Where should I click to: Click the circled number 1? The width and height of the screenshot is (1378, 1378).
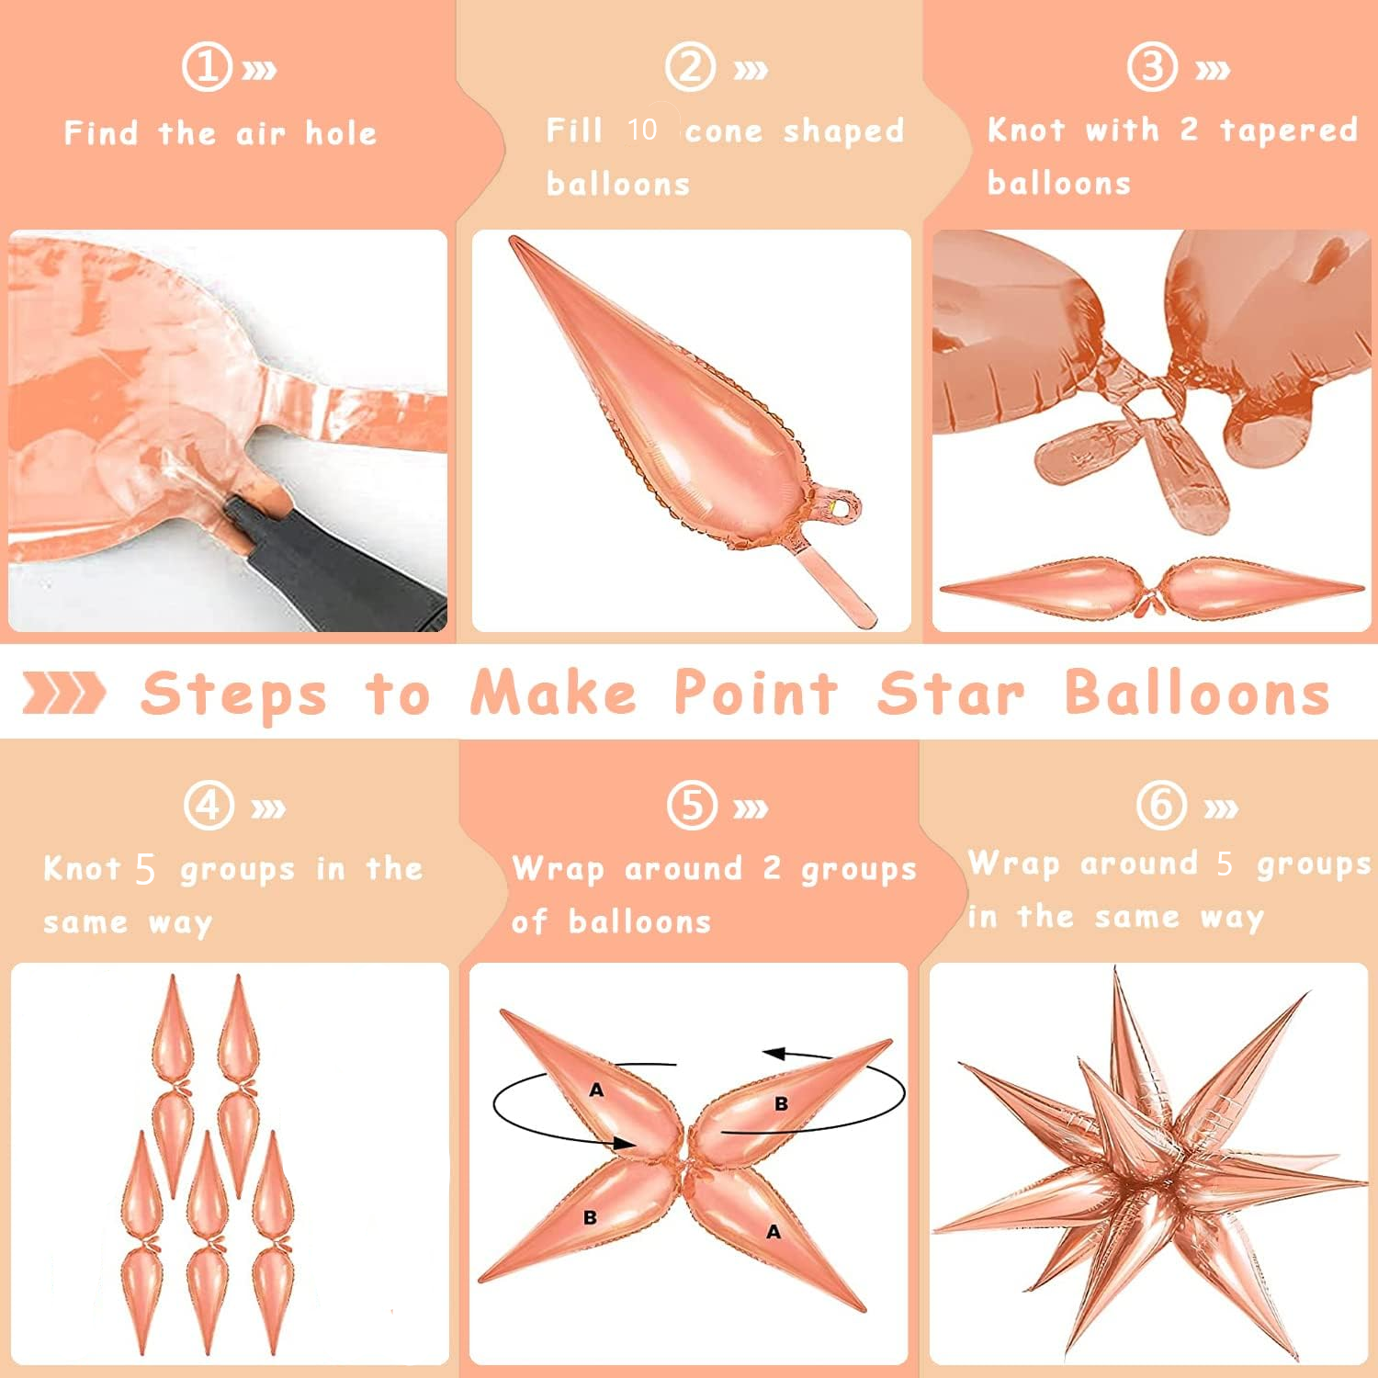tap(206, 67)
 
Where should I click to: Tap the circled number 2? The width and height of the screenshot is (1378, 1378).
tap(690, 67)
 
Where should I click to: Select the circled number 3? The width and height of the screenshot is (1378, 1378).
tap(1152, 67)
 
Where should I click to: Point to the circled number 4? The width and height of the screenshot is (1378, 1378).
tap(209, 805)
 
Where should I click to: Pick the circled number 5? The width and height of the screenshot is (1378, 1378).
tap(691, 805)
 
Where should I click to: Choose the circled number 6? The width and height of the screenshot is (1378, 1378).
tap(1160, 805)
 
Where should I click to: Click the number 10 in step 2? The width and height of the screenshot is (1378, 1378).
tap(642, 130)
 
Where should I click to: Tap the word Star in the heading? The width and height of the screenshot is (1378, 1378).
tap(951, 693)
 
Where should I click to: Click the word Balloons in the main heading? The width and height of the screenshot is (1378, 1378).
tap(1197, 693)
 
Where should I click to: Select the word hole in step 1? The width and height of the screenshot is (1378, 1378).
tap(341, 133)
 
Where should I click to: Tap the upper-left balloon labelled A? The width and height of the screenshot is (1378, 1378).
tap(596, 1090)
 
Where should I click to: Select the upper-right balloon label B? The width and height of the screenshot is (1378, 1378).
tap(781, 1103)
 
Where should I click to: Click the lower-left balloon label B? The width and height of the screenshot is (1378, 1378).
tap(590, 1217)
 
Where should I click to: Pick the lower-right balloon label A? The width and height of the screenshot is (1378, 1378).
tap(774, 1231)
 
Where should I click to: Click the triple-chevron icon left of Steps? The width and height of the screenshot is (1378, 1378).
tap(63, 693)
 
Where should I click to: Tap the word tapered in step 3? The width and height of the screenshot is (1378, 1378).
tap(1288, 130)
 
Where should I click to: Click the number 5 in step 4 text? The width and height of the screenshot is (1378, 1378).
tap(145, 868)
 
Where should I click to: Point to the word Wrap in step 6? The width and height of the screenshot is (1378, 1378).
tap(1014, 864)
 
